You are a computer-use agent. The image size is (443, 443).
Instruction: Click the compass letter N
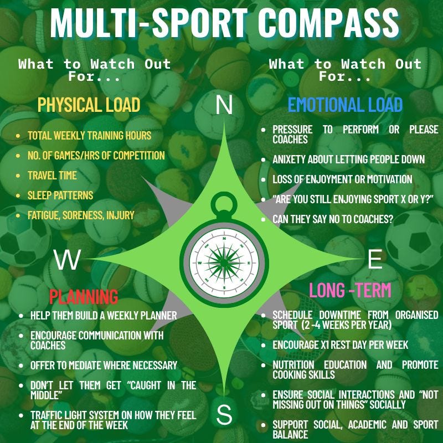[224, 105]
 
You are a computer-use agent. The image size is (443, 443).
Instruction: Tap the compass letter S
[224, 415]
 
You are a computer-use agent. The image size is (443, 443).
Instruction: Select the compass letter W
[68, 259]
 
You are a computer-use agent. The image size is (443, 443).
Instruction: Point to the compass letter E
[375, 259]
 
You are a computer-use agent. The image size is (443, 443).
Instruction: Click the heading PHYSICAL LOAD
[89, 105]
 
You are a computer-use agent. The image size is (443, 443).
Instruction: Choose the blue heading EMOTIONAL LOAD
[345, 105]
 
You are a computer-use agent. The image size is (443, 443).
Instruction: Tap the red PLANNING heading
[84, 296]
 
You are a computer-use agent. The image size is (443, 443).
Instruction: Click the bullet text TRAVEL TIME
[52, 176]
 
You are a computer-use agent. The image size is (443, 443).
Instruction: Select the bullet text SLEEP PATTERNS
[60, 195]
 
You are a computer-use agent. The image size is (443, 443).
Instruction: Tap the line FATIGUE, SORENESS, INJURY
[81, 215]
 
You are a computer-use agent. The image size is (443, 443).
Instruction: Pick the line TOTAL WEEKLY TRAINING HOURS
[89, 136]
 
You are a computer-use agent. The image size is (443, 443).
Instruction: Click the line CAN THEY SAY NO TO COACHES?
[333, 219]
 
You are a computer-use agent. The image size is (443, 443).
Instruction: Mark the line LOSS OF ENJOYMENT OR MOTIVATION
[342, 179]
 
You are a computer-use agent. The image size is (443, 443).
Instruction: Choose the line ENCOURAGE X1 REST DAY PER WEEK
[340, 345]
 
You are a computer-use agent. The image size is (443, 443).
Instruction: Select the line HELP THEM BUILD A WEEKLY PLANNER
[104, 316]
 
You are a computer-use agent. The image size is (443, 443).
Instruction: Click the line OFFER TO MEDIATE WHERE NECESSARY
[104, 365]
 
